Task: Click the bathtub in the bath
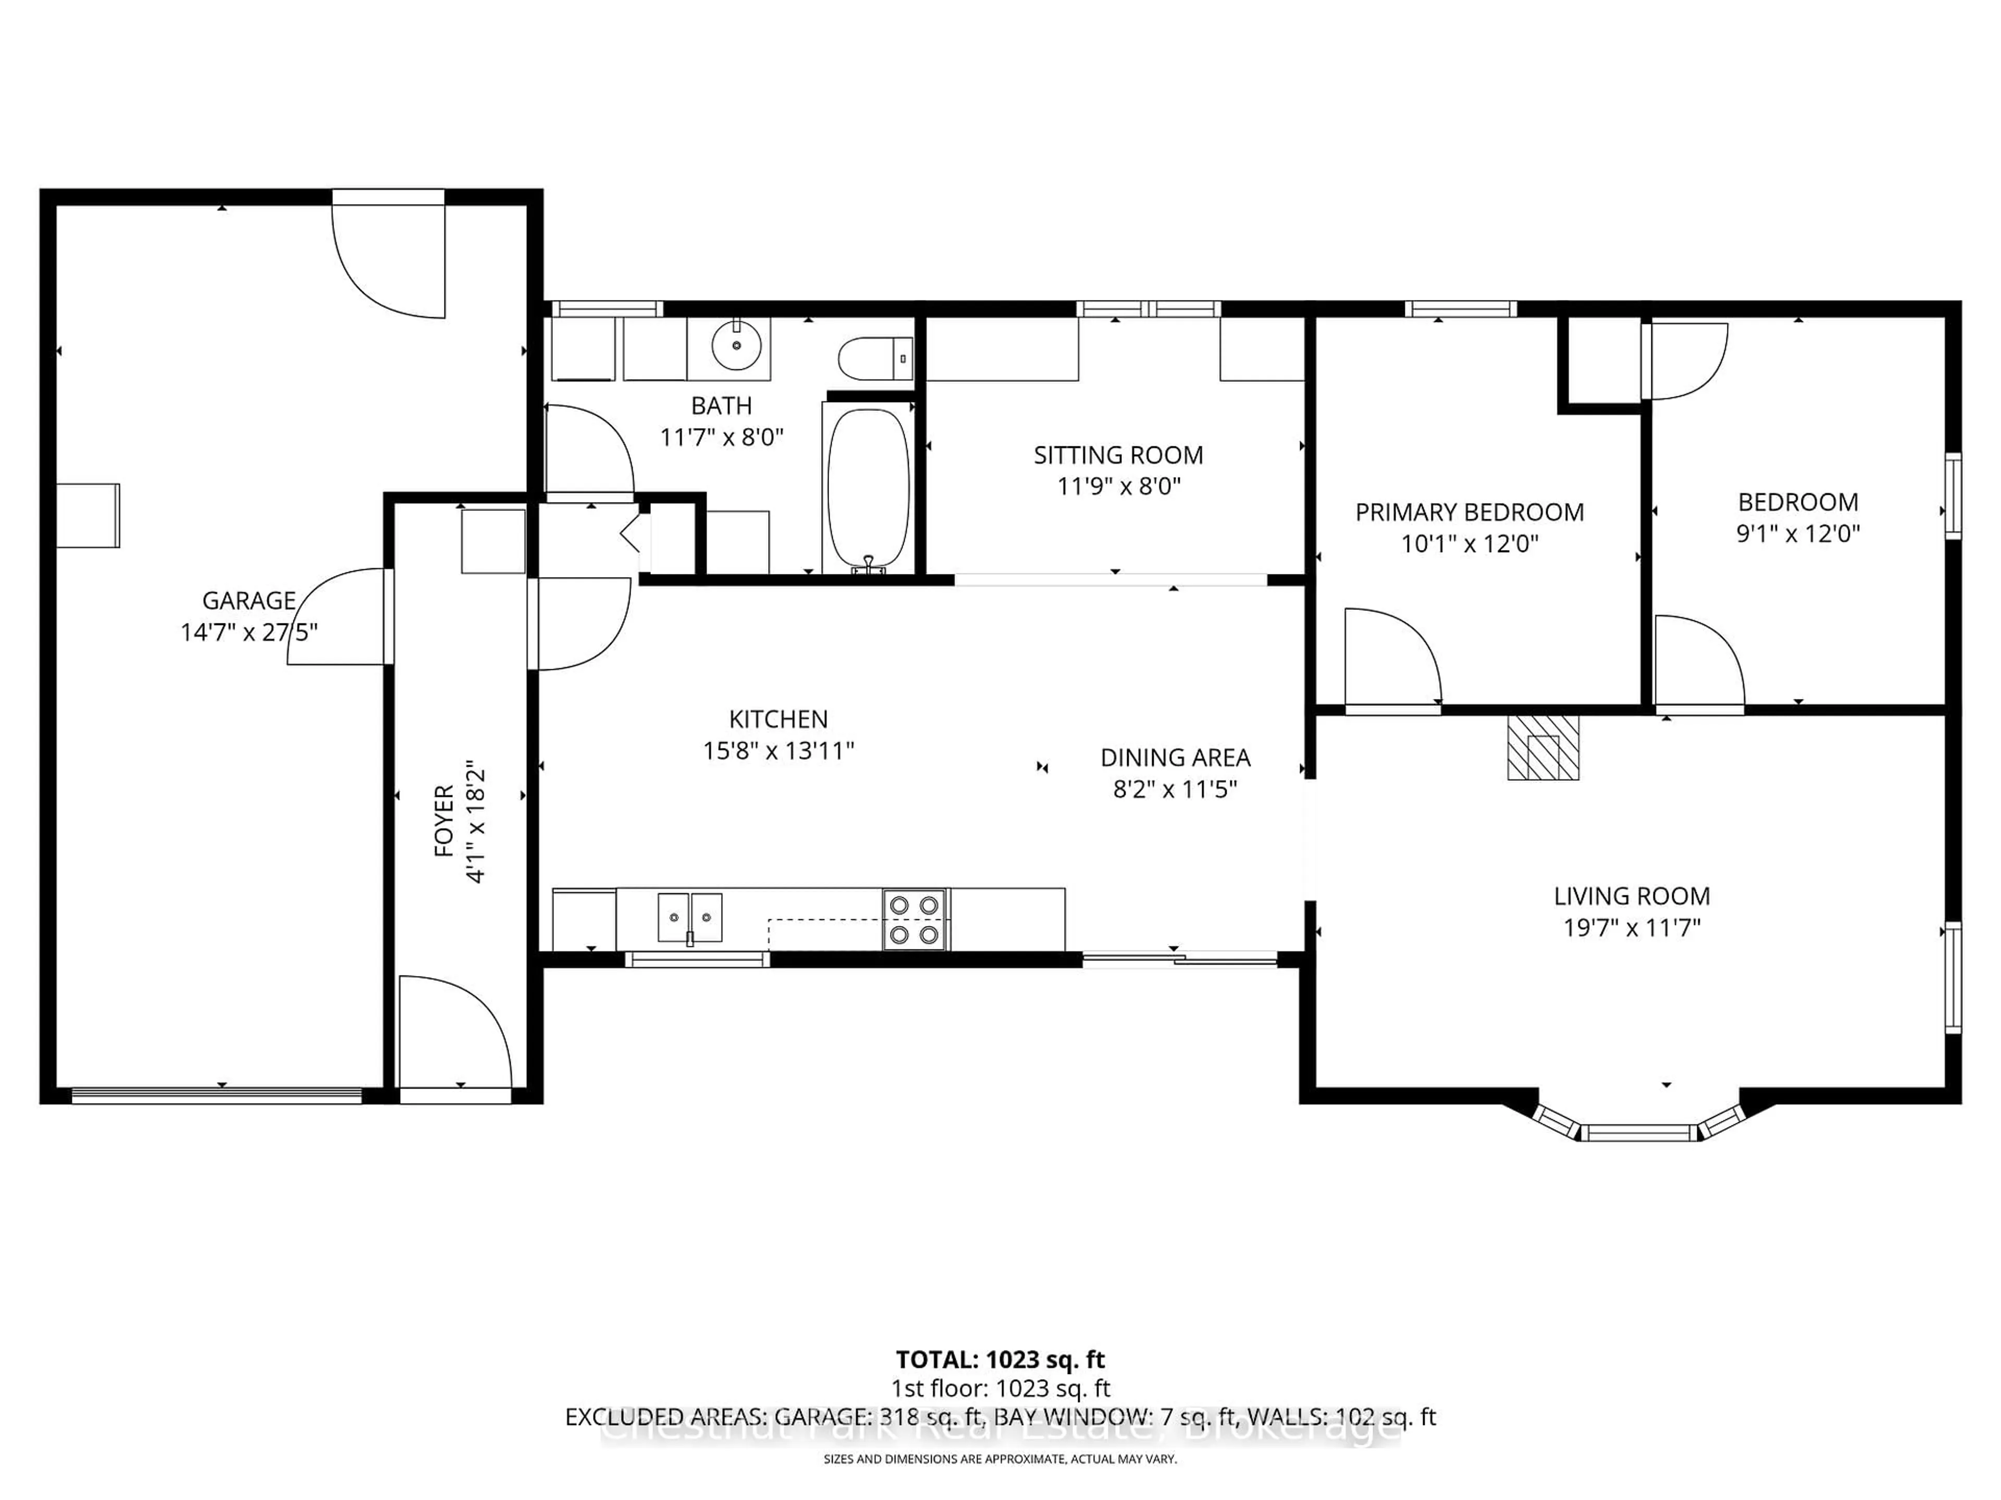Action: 868,488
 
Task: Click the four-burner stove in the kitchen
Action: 915,919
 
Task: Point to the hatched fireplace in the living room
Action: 1542,748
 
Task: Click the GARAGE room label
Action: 249,601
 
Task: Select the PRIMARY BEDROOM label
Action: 1469,512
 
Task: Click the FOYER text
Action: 444,820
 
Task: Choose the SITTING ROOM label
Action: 1118,455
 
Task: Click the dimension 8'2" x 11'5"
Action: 1174,790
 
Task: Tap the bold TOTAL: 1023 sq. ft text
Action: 999,1360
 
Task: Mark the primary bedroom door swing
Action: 1389,657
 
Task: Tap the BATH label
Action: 721,406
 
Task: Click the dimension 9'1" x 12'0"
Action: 1797,533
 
